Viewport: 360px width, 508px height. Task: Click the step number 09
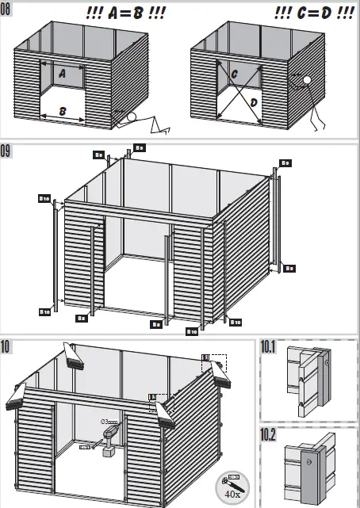[8, 150]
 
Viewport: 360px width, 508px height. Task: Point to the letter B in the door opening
[62, 112]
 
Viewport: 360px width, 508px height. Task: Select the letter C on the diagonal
[236, 74]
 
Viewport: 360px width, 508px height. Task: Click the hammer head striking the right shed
[304, 80]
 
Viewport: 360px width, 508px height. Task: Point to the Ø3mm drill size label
[108, 422]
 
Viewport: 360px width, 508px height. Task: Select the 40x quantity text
[232, 494]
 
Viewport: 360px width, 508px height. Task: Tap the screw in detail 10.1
[327, 363]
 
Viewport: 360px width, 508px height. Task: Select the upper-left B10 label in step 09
[44, 197]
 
